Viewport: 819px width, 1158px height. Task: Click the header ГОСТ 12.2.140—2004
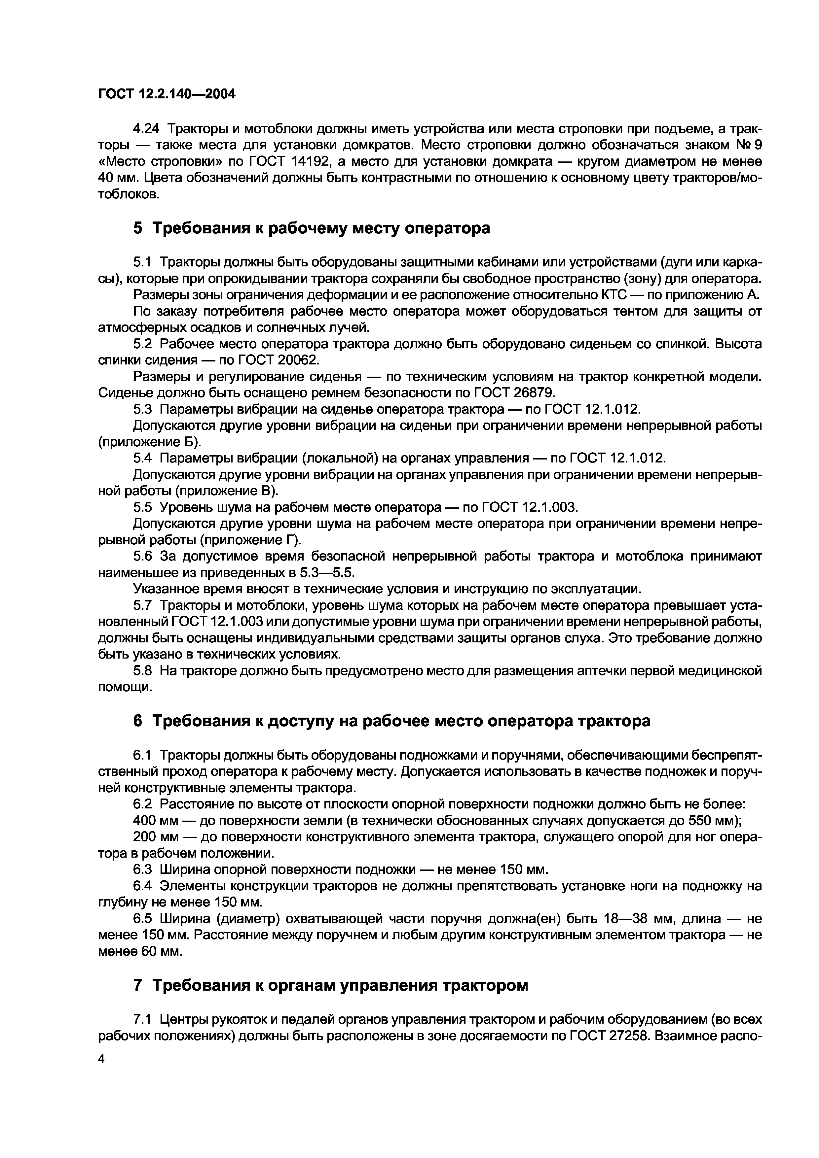click(x=167, y=94)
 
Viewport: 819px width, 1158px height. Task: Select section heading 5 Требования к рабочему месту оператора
click(x=311, y=228)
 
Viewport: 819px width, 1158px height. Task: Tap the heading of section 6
click(x=391, y=721)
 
